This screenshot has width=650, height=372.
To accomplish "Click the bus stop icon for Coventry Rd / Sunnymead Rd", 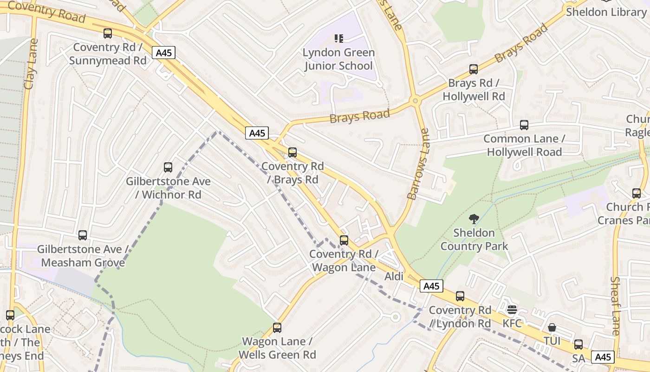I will click(x=108, y=33).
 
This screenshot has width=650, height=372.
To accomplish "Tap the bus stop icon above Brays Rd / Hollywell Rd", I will click(x=474, y=69).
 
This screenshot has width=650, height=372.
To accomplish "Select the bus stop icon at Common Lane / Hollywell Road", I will click(x=524, y=125).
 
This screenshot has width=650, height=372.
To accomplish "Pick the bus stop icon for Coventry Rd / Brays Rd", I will click(x=292, y=153).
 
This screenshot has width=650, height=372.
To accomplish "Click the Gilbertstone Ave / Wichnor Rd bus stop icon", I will click(x=168, y=167).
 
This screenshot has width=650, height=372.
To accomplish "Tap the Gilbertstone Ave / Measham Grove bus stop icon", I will click(x=83, y=235).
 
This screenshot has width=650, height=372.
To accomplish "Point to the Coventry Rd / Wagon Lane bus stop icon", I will click(x=344, y=240).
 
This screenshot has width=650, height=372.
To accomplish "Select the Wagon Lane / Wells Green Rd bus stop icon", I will click(x=277, y=328).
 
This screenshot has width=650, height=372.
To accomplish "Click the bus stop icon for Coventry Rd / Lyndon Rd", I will click(x=460, y=296).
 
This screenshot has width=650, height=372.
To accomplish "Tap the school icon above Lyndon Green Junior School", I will click(x=339, y=39).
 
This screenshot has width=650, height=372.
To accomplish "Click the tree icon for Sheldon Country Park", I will click(x=474, y=219).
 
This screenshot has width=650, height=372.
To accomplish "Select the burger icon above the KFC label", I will click(x=512, y=310).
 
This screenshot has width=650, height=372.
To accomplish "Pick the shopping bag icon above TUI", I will click(x=552, y=327).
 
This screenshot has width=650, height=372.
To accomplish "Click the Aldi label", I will click(x=394, y=277).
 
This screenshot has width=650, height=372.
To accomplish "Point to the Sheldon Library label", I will click(x=605, y=12).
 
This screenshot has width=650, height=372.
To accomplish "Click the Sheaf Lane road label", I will click(x=615, y=306).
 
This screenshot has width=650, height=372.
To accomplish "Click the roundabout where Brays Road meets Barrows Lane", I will click(x=415, y=100).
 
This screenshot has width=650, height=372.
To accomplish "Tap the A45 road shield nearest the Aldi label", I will click(x=431, y=286).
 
